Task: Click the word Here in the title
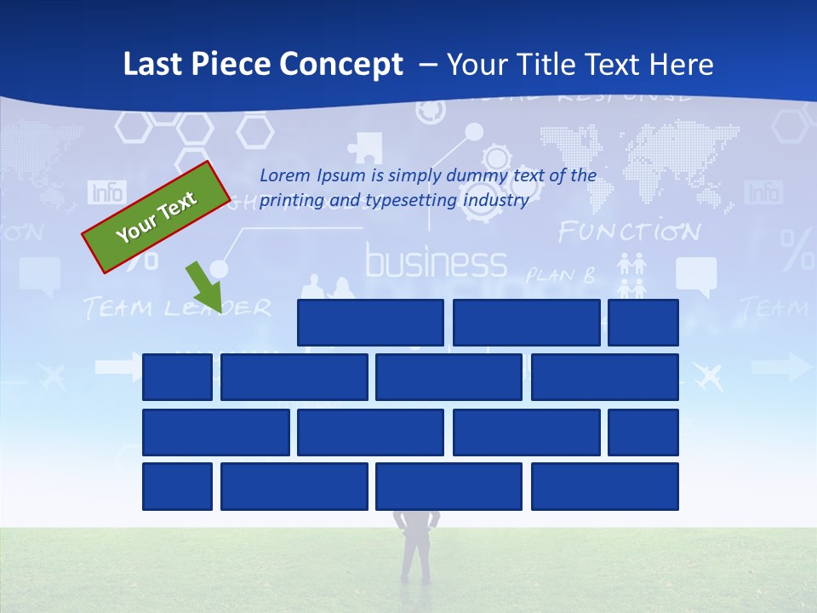[x=681, y=65]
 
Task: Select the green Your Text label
[x=157, y=217]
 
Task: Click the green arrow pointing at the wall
[x=204, y=288]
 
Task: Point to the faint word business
[x=436, y=263]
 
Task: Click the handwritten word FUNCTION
[x=629, y=232]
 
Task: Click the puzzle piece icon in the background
[x=366, y=147]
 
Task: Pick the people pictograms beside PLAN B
[x=631, y=276]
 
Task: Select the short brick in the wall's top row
[x=643, y=323]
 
